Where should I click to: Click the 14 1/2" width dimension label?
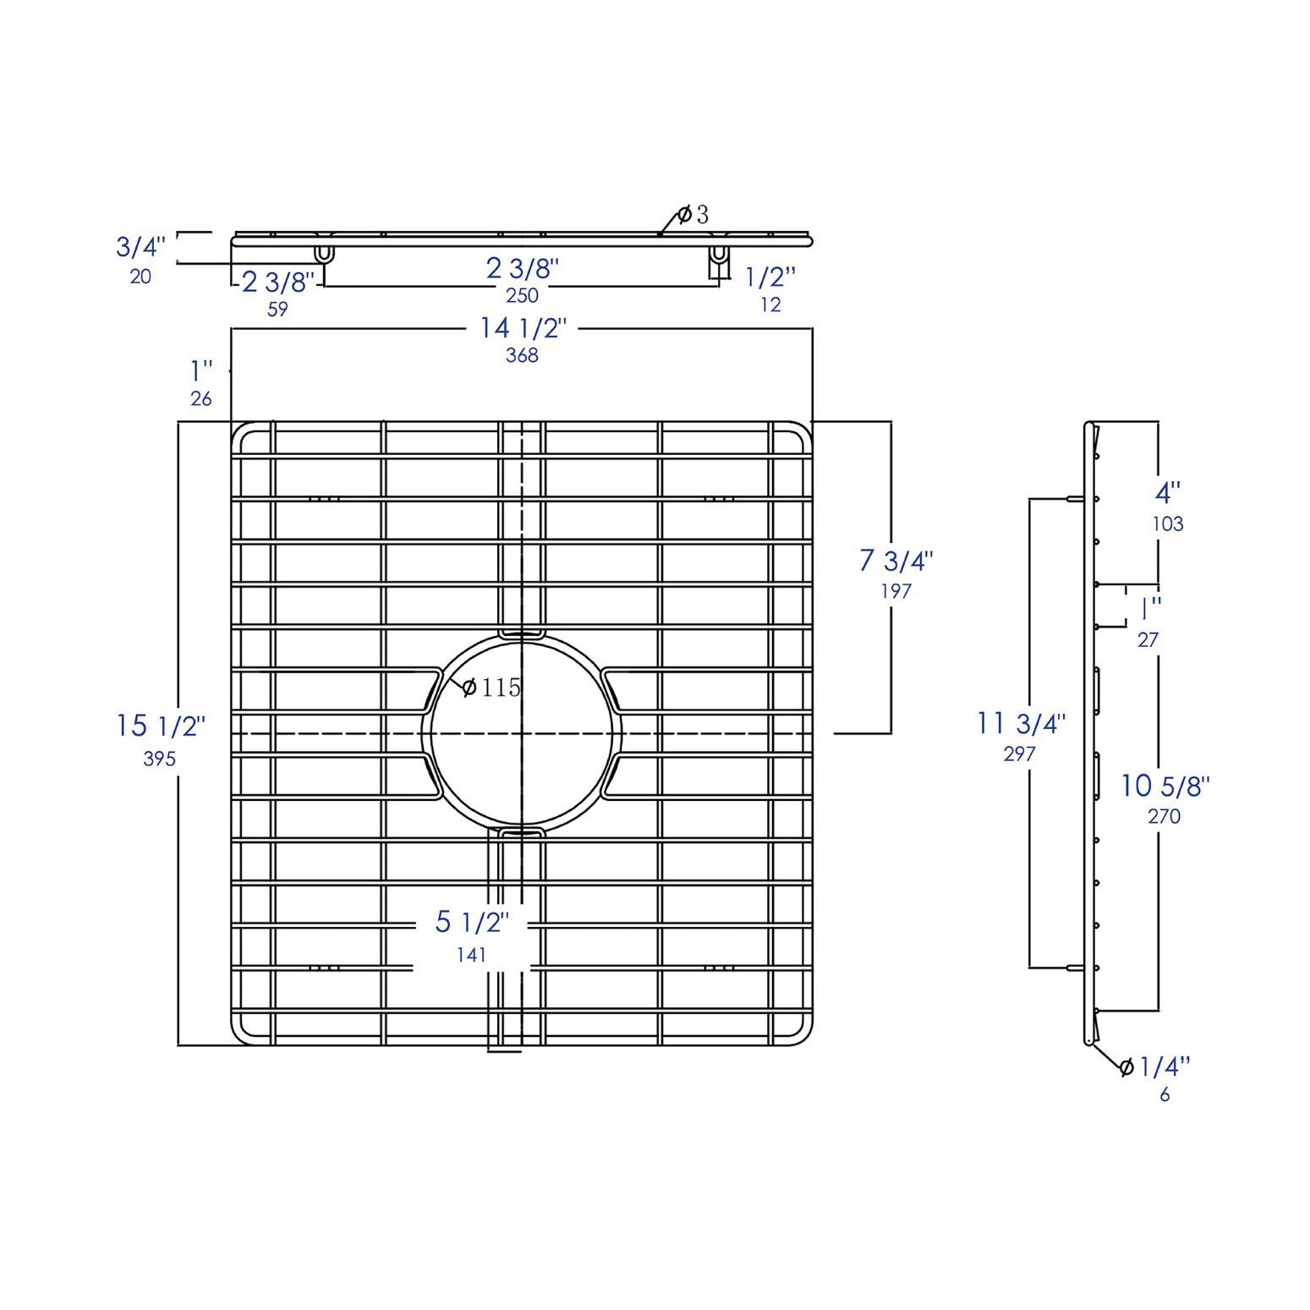point(521,327)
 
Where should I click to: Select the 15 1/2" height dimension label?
point(161,726)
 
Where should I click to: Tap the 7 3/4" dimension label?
point(896,560)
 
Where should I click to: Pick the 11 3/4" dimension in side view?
point(1021,724)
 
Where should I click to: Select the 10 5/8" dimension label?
point(1165,787)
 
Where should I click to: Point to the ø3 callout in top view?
point(693,215)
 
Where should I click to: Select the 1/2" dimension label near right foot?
point(770,277)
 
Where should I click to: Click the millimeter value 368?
point(522,355)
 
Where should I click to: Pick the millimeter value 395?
point(159,759)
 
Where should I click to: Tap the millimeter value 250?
point(522,295)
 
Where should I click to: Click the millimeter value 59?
point(277,310)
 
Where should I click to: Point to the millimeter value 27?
point(1148,640)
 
